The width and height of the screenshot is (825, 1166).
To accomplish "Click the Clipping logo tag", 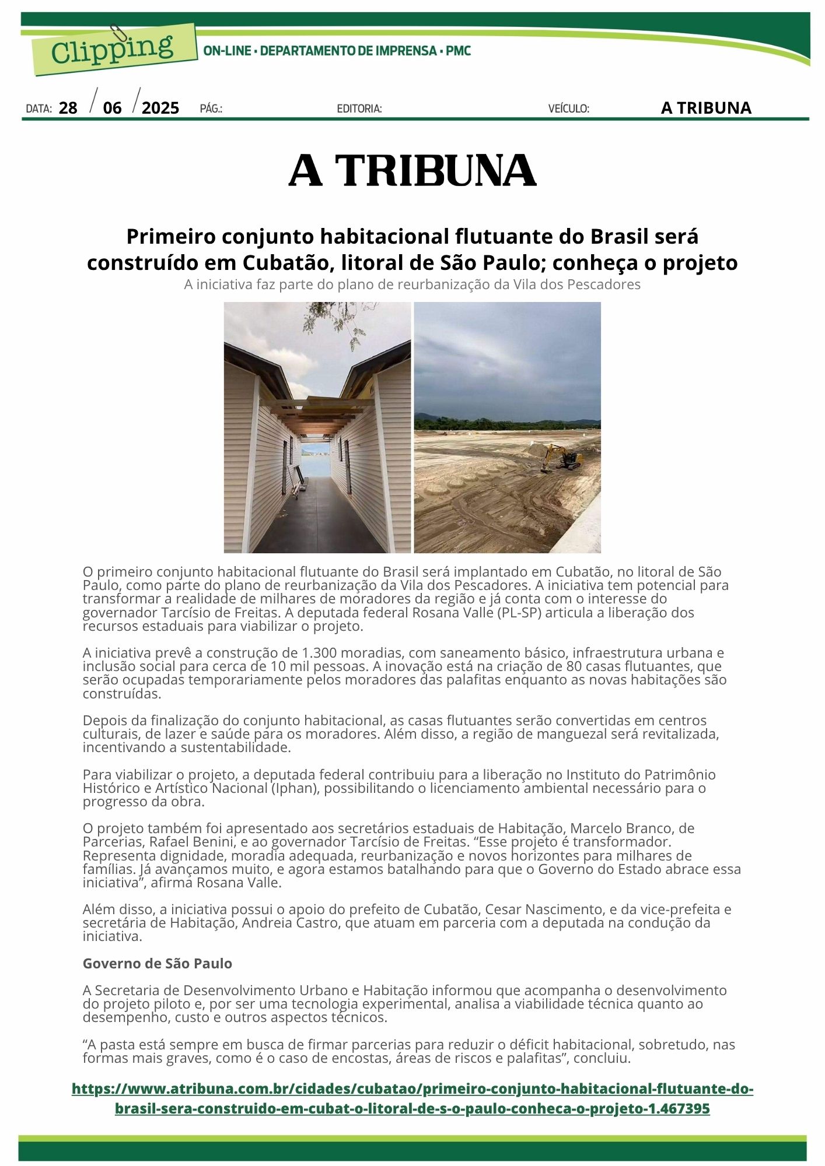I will [x=113, y=50].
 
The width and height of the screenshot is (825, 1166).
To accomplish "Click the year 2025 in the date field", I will [x=160, y=108].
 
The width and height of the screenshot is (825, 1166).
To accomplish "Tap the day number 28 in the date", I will [x=68, y=108].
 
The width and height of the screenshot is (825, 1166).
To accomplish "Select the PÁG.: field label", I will [x=211, y=109].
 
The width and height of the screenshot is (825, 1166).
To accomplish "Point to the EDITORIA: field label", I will [x=359, y=109].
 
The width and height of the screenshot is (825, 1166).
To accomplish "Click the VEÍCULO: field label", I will [x=568, y=109].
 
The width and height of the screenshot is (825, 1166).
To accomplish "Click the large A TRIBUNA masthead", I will [x=412, y=171].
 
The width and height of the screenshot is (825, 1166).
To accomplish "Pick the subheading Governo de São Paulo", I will [x=158, y=964].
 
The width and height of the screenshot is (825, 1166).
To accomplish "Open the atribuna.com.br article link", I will [x=412, y=1098].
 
